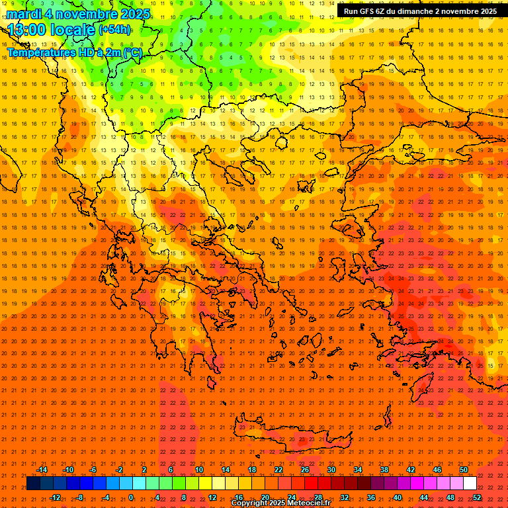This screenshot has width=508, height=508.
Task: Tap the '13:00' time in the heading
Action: click(27, 30)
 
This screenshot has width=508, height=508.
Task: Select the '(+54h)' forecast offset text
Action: click(115, 30)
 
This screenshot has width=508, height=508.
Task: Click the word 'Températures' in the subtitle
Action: click(40, 52)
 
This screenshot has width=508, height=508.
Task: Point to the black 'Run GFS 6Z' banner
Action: click(421, 11)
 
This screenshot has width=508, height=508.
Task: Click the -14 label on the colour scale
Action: click(42, 470)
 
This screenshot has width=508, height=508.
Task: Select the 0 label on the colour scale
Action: click(131, 497)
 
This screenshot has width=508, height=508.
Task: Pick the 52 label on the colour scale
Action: click(477, 497)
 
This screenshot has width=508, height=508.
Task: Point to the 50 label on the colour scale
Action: click(464, 470)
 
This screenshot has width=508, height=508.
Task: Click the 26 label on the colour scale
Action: click(305, 470)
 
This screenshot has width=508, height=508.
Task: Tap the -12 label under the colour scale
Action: click(55, 497)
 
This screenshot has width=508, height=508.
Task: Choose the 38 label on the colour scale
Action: click(384, 470)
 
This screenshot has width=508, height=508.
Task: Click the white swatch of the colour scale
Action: click(470, 484)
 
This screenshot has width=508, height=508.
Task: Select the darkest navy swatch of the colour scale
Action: click(34, 484)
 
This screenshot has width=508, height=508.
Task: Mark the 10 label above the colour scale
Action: click(199, 470)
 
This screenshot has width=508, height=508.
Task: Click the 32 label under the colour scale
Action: click(345, 497)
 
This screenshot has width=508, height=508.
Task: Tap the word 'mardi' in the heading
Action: click(25, 14)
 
